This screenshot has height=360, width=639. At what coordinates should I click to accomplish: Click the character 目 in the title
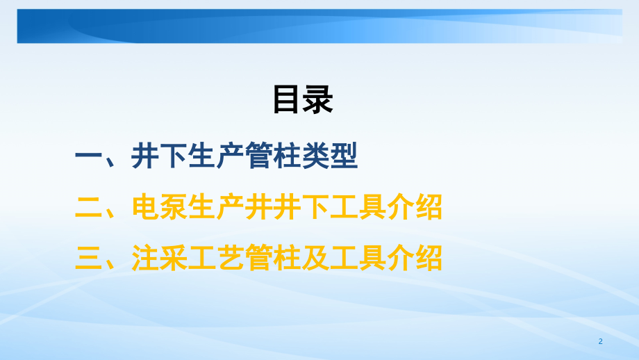pos(287,99)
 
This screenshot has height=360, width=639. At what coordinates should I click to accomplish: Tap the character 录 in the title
pos(319,99)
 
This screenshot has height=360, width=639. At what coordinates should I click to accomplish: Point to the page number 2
pos(600,342)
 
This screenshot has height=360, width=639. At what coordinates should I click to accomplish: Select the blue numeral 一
pos(88,157)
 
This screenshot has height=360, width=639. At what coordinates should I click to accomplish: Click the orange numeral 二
pos(88,207)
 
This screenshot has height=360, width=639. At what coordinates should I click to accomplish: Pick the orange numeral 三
pos(88,258)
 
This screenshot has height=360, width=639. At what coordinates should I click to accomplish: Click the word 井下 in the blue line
pos(159,157)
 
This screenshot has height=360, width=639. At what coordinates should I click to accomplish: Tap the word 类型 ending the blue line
pos(330,157)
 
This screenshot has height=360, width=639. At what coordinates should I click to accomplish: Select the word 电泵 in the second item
pos(159,207)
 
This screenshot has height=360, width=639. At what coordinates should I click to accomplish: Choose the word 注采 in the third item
pos(159,258)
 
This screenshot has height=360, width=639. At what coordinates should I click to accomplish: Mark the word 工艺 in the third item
pos(216,258)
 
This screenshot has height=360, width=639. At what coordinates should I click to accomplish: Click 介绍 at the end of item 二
pos(415,207)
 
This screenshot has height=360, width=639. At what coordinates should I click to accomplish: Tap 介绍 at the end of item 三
pos(415,258)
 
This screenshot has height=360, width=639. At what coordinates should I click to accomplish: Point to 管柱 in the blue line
pos(273,157)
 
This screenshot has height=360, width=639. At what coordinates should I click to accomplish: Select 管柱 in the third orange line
pos(273,258)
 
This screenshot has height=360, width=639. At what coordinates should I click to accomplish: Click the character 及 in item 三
pos(315,258)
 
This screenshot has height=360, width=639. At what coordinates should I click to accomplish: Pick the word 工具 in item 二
pos(358,207)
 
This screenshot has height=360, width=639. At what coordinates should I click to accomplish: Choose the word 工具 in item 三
pos(358,258)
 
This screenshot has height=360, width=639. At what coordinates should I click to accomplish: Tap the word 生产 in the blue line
pos(216,157)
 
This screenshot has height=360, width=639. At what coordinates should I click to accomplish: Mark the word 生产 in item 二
pos(216,207)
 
